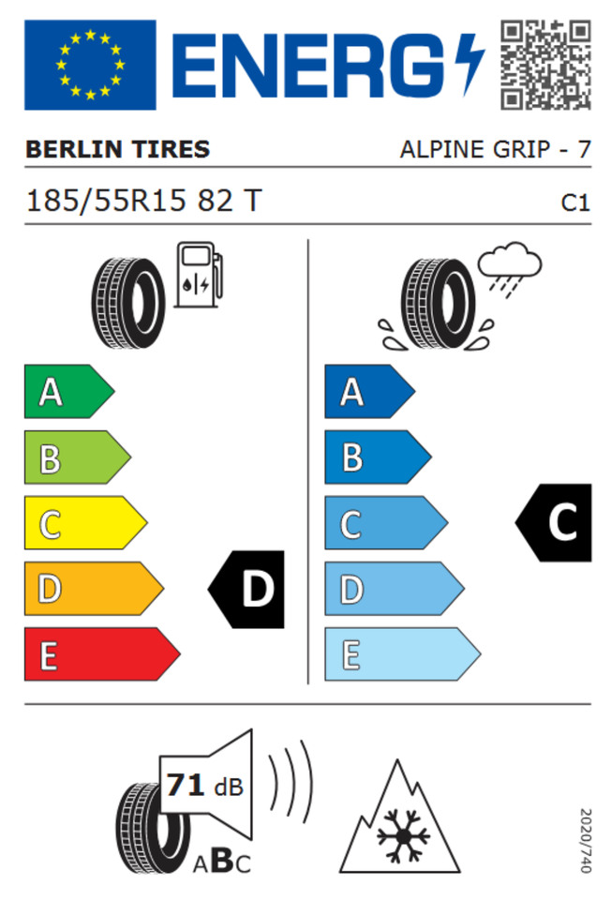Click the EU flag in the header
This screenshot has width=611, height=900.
90,65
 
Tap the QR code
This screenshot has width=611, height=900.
545,65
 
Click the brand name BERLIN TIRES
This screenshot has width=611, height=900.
118,149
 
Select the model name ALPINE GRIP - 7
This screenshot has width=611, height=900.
495,149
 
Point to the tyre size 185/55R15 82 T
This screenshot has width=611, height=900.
144,201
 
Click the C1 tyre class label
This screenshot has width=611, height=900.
575,202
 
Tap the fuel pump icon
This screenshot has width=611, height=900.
199,275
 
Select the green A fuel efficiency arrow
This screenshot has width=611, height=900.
68,392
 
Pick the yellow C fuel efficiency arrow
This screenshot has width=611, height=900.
85,523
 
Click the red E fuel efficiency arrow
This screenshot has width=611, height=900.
102,654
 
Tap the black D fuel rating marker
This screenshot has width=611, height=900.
246,589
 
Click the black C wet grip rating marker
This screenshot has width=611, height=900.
554,522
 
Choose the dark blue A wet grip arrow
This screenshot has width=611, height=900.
369,392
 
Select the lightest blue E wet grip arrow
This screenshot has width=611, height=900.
402,654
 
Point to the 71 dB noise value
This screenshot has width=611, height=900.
204,786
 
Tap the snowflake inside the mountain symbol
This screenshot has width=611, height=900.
403,835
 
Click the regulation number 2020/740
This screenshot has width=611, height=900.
585,840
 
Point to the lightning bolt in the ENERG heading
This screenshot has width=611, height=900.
469,65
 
